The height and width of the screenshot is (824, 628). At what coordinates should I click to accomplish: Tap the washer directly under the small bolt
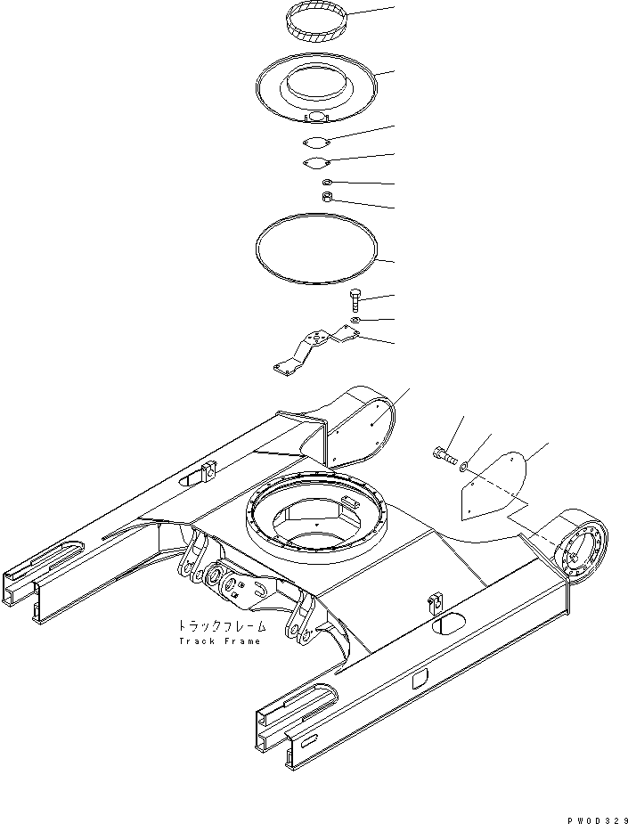pos(355,319)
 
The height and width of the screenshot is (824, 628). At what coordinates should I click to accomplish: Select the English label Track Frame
pos(219,641)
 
